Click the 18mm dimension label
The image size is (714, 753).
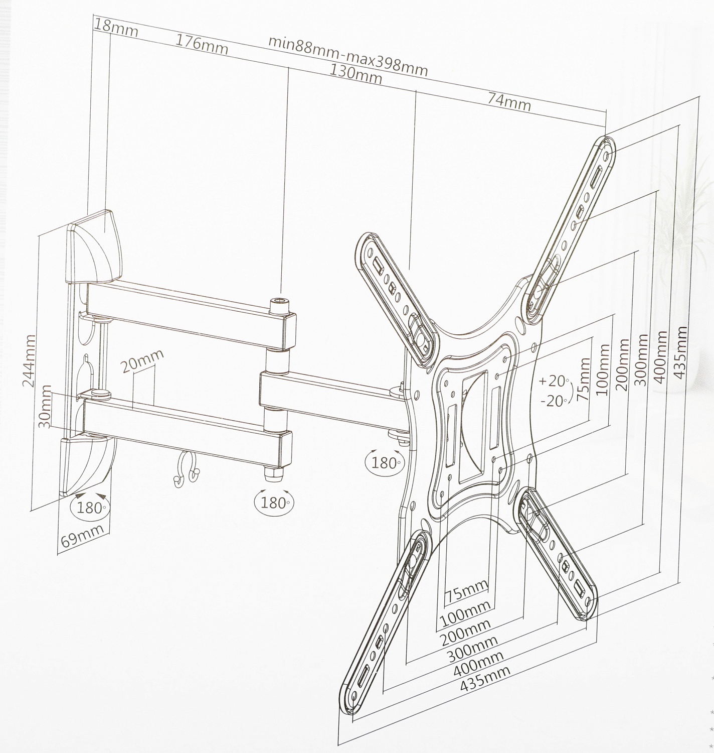point(115,28)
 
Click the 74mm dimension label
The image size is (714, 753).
point(509,101)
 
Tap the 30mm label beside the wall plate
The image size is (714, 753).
point(45,407)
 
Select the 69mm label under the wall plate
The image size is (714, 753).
point(82,536)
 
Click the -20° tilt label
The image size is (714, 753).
point(554,402)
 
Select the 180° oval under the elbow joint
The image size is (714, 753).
point(274,503)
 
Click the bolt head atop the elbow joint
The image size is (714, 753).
point(280,305)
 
